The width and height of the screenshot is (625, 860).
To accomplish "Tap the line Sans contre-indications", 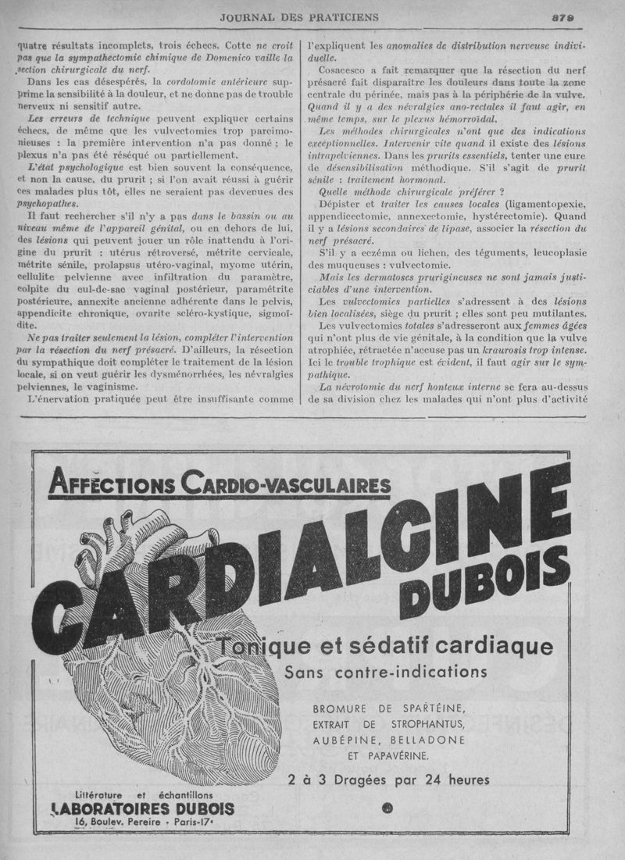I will point(386,672).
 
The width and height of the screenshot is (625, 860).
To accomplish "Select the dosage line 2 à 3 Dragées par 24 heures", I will point(388,779).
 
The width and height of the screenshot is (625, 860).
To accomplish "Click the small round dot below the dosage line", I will point(389,807).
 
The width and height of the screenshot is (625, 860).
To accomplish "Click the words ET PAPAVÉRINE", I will point(388,755).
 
